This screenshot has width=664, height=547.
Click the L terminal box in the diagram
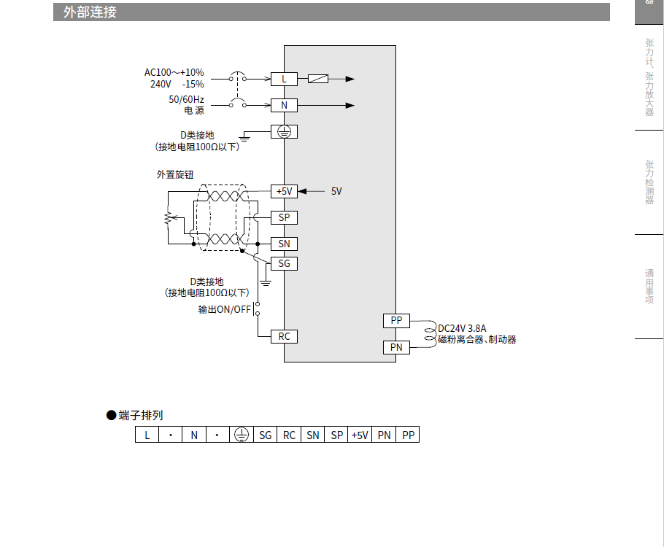coord(284,79)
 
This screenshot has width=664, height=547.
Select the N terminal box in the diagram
coord(284,105)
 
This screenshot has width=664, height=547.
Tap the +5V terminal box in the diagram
coord(284,191)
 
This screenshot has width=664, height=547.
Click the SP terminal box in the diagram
coord(284,217)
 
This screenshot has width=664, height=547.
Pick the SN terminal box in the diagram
coord(284,244)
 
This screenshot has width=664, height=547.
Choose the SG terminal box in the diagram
coord(284,263)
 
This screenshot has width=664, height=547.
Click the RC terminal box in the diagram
coord(284,336)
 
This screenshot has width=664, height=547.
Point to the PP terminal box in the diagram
coord(396,320)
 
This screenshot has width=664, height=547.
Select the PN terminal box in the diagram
coord(396,347)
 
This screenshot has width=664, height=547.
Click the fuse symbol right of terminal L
coord(318,79)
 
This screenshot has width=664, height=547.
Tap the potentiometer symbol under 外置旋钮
coord(168,218)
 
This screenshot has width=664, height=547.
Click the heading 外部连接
coord(90,12)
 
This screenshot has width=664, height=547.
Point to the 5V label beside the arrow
coord(336,191)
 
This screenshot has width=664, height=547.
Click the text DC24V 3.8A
coord(462,328)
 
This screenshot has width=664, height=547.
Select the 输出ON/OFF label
coord(224,309)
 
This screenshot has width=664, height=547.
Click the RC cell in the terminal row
coord(289,435)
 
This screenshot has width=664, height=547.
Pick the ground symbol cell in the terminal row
coord(242,435)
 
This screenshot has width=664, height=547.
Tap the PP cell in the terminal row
coord(408,435)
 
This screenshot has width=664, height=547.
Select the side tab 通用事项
coord(649,287)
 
